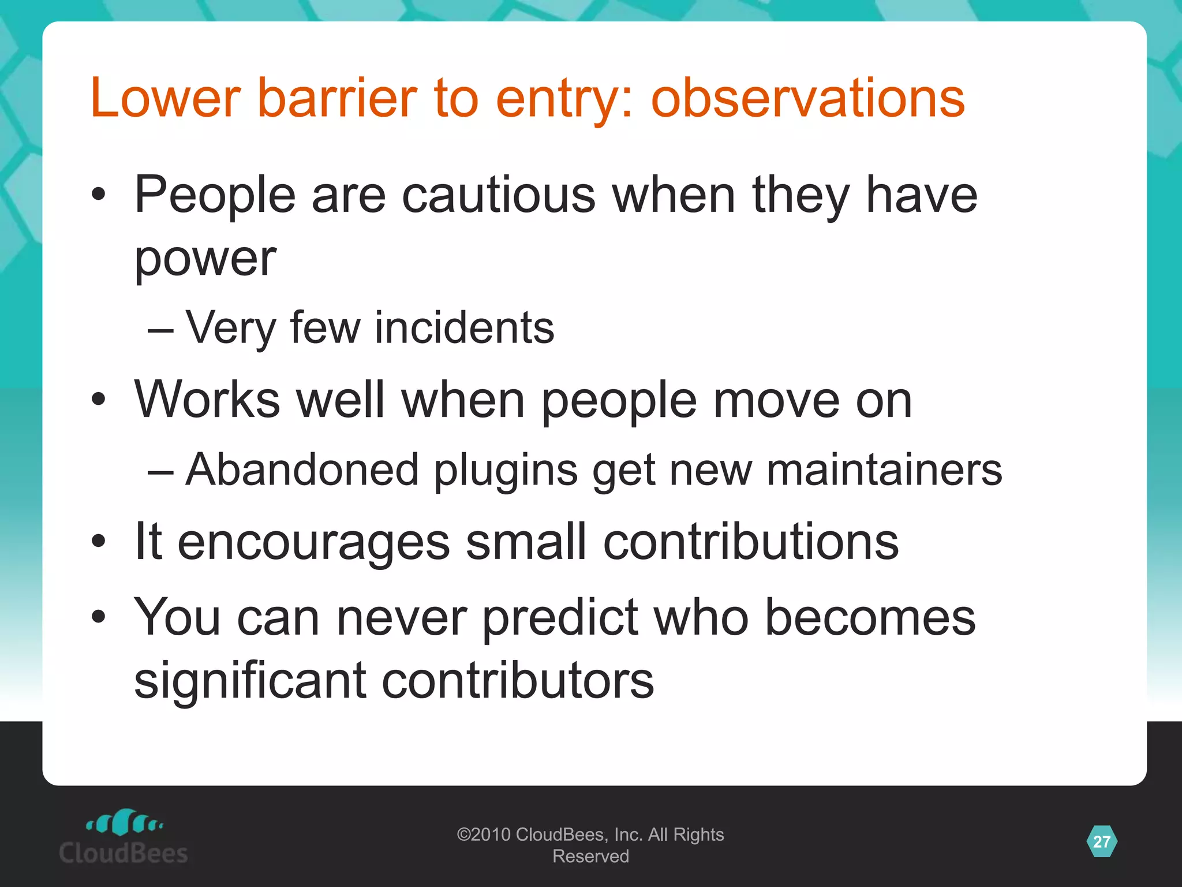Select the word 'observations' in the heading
[x=807, y=98]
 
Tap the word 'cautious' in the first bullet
[x=498, y=195]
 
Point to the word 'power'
[x=205, y=259]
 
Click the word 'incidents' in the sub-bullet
[x=464, y=327]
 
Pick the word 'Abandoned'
[x=302, y=469]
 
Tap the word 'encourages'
[x=313, y=543]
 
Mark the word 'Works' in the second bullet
[x=207, y=400]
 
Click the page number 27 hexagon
[x=1101, y=841]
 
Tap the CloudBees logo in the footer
[x=124, y=837]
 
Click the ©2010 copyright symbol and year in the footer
[x=484, y=834]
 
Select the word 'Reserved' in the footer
[x=590, y=856]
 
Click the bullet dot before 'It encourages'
[x=99, y=542]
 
